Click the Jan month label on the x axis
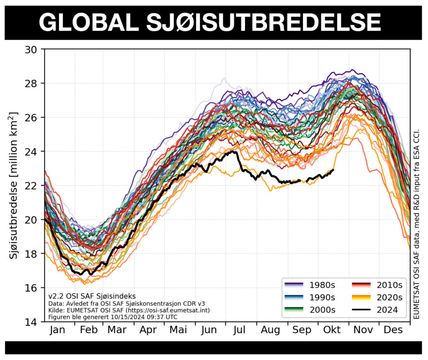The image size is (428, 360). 57,330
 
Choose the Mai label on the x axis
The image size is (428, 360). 178,330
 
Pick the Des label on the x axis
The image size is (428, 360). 393,330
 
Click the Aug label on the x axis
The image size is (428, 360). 270,330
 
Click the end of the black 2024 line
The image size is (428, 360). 334,169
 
